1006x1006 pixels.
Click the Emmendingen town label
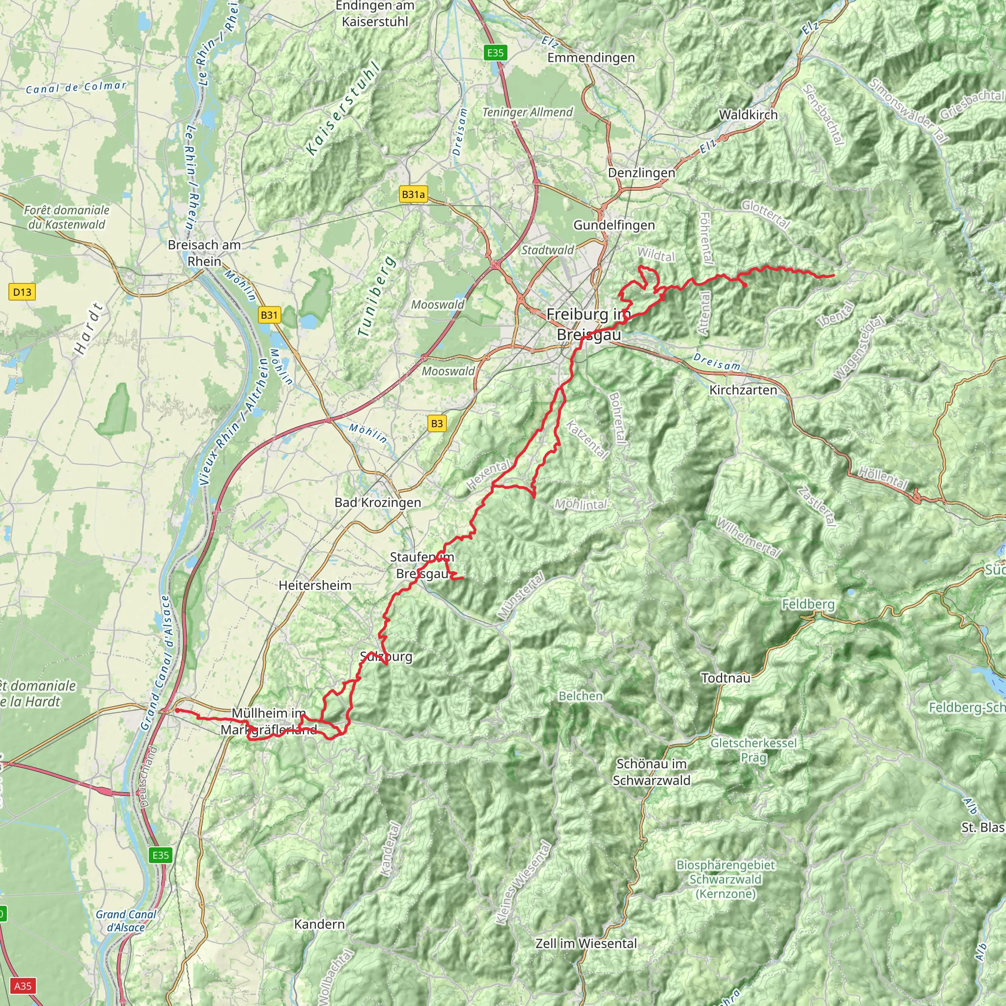[591, 58]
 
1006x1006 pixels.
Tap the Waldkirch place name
[748, 115]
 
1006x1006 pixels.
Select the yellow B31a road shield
[413, 195]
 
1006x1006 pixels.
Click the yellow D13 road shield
[22, 292]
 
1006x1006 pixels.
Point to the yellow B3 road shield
[437, 423]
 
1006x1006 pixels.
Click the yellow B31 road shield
[269, 314]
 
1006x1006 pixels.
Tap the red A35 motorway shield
[23, 986]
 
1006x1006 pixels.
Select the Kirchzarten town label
[743, 390]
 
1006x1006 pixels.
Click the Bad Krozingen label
[378, 503]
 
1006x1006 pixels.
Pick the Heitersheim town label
[315, 585]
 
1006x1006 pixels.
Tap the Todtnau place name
[726, 678]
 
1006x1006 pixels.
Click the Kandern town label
[319, 924]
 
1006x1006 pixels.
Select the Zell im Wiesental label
[586, 944]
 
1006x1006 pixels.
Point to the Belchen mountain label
[581, 696]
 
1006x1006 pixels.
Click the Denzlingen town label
[642, 173]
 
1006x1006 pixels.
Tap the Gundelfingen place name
[614, 225]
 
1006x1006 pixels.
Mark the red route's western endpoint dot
[177, 710]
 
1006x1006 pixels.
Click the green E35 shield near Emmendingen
[495, 52]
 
